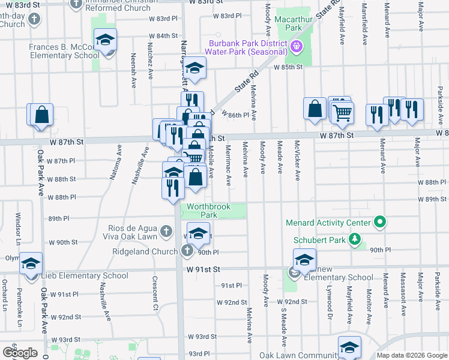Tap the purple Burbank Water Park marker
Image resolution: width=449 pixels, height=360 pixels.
pyautogui.click(x=295, y=46)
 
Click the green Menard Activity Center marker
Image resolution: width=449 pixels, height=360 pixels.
pyautogui.click(x=379, y=223)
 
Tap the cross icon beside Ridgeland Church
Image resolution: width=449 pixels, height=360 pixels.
pyautogui.click(x=187, y=250)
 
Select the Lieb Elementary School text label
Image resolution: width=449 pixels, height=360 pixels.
pyautogui.click(x=86, y=276)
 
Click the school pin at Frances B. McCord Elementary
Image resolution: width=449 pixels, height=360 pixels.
pyautogui.click(x=106, y=41)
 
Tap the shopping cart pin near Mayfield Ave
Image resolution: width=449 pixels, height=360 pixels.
pyautogui.click(x=342, y=112)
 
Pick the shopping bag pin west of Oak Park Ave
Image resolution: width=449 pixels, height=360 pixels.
pyautogui.click(x=41, y=115)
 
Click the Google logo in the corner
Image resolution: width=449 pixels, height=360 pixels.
pyautogui.click(x=20, y=352)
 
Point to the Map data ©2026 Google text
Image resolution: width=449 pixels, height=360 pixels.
pyautogui.click(x=411, y=355)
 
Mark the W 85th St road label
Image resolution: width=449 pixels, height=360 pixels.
pyautogui.click(x=288, y=67)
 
